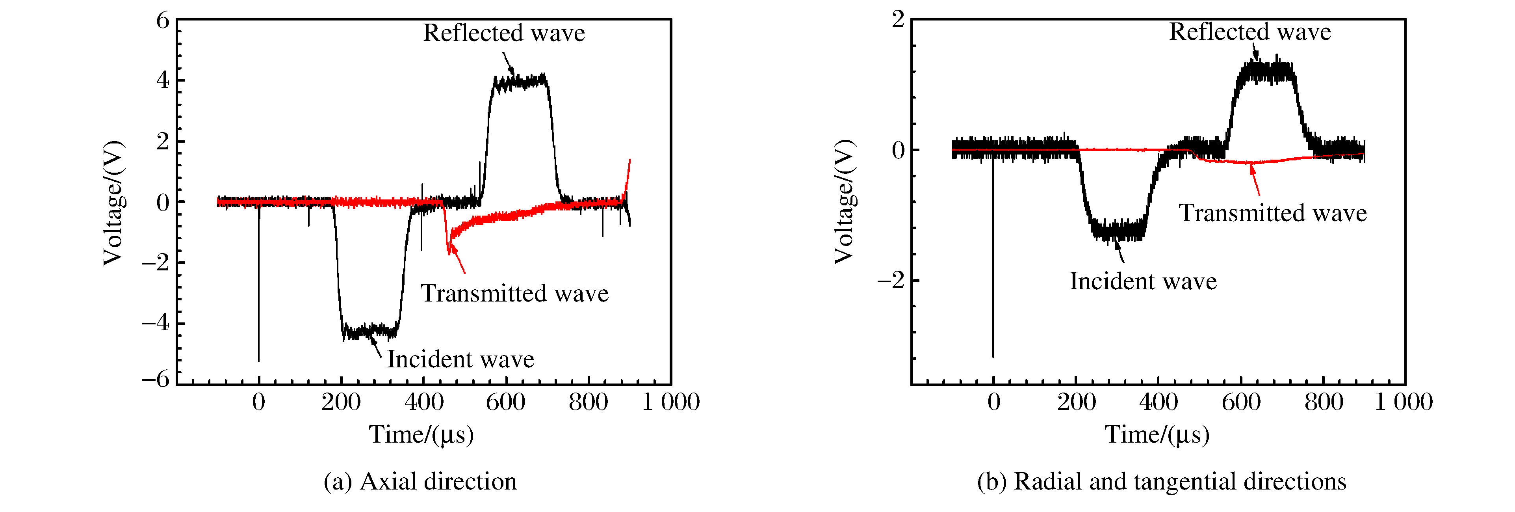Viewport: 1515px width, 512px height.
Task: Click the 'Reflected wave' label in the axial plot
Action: [x=504, y=33]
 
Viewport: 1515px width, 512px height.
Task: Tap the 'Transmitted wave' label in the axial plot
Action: [x=514, y=293]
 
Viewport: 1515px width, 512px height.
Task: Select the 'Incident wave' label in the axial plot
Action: [x=460, y=359]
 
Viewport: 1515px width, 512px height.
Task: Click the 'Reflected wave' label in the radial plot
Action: [x=1250, y=32]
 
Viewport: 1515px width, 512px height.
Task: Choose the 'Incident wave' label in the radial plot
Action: [x=1143, y=281]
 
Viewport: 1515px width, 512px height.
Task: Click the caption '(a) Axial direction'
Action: [x=420, y=481]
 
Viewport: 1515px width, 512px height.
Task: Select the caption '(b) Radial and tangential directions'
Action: [x=1162, y=481]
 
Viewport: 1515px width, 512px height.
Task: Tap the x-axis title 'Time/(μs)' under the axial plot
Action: [x=421, y=435]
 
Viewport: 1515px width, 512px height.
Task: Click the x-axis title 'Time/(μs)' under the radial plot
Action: [x=1157, y=435]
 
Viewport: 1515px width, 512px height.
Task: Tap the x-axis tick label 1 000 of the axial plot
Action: [x=670, y=402]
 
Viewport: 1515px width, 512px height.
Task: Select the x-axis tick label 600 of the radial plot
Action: [x=1241, y=402]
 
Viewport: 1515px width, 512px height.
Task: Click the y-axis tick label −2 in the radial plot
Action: [x=891, y=280]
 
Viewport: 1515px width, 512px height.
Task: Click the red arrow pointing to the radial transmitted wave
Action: [x=1255, y=181]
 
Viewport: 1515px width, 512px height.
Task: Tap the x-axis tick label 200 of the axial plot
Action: [x=341, y=402]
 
